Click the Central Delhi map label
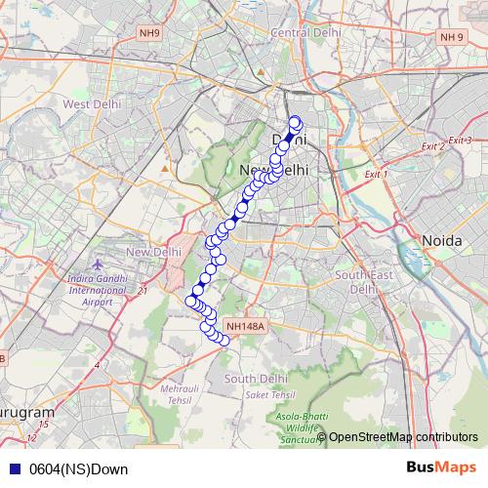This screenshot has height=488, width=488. coord(304,32)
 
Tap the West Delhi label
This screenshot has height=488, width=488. coord(92,103)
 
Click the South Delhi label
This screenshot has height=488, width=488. coord(256,378)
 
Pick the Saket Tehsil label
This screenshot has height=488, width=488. coord(270,395)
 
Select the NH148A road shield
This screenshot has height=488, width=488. coord(244,327)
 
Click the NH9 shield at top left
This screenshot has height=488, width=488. coord(149,33)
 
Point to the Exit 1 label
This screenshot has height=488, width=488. coord(376,174)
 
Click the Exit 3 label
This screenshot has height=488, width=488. coord(461,141)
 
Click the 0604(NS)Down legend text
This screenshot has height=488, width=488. coord(78,468)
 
